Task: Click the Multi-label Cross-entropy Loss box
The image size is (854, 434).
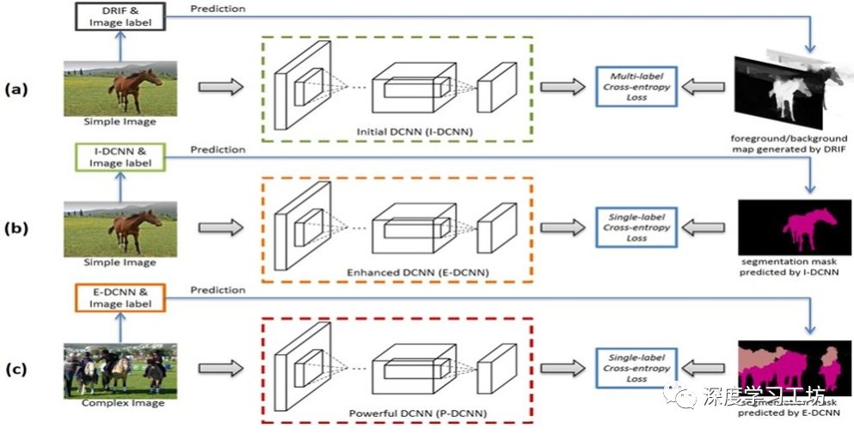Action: pos(636,87)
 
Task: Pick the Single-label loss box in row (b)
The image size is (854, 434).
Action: pos(636,228)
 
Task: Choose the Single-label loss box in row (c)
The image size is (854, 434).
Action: pos(636,368)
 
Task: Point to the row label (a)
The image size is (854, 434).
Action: pos(17,88)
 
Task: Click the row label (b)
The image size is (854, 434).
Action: pos(17,229)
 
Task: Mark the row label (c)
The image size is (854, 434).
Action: pos(17,370)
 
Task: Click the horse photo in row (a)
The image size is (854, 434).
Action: pos(120,87)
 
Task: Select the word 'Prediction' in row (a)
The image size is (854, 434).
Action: pos(218,9)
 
